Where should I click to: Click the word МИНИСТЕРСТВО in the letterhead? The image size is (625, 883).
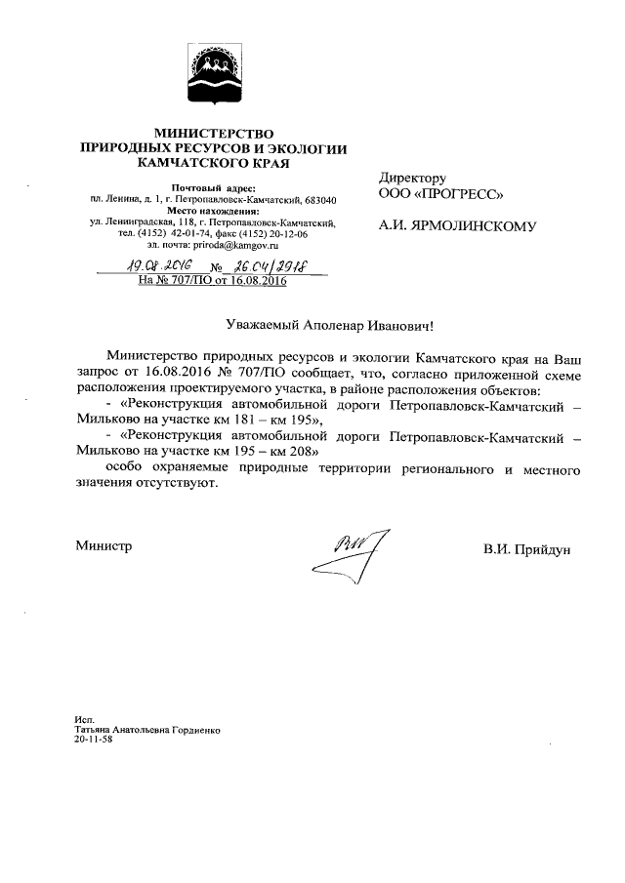[212, 133]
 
